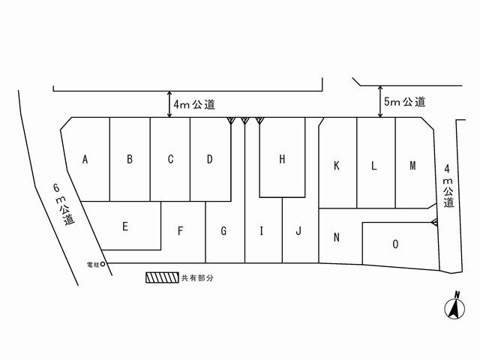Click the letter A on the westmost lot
(85, 159)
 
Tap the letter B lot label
(130, 159)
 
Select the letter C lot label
(170, 159)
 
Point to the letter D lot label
(210, 159)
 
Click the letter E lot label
(125, 225)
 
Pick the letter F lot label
(181, 231)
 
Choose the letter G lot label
(223, 231)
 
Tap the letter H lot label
(282, 159)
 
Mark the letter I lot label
(261, 231)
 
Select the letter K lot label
(337, 166)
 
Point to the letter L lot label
(373, 166)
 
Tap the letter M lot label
(412, 166)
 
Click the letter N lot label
(337, 238)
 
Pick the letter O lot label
(395, 244)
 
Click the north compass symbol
(454, 307)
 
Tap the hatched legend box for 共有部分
(160, 277)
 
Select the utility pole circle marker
(103, 265)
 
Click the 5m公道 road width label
(405, 102)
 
